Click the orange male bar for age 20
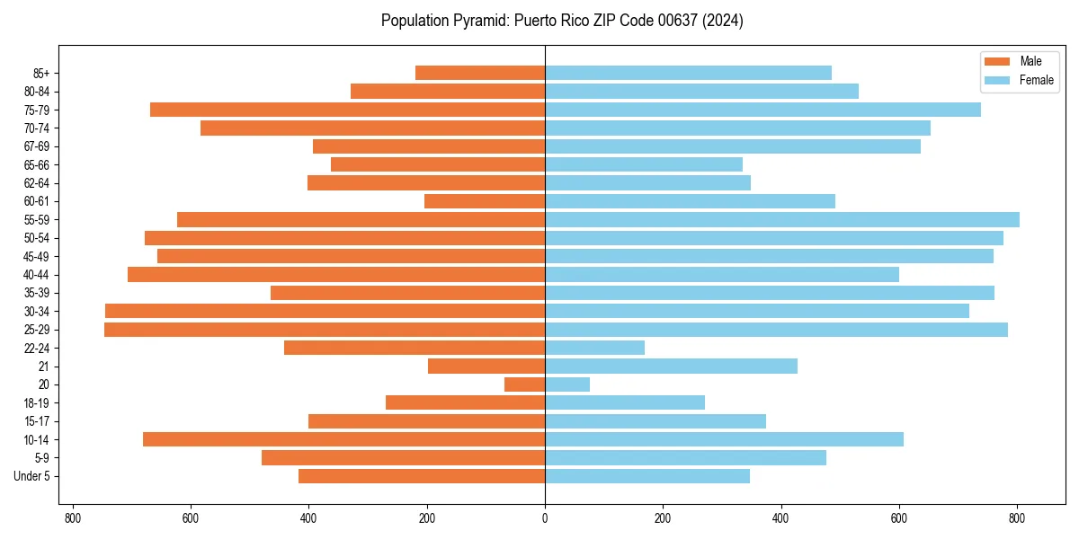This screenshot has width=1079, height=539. pyautogui.click(x=525, y=384)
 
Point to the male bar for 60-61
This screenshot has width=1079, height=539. pyautogui.click(x=485, y=201)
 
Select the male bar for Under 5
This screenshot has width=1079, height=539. pyautogui.click(x=422, y=476)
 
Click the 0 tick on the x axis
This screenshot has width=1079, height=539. pyautogui.click(x=545, y=518)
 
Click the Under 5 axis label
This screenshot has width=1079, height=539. pyautogui.click(x=32, y=476)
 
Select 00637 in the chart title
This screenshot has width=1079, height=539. pyautogui.click(x=647, y=21)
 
